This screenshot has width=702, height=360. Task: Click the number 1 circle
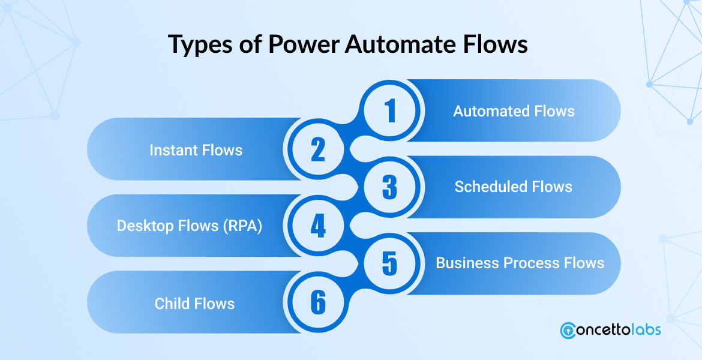(391, 111)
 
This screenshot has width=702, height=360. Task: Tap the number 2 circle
(317, 149)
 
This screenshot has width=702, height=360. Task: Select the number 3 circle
(390, 187)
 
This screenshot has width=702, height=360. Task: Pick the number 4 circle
(317, 226)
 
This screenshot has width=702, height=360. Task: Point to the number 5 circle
(390, 263)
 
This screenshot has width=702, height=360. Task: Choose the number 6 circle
(317, 302)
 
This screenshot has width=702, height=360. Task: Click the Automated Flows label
(514, 111)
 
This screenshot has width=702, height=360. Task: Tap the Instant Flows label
(196, 149)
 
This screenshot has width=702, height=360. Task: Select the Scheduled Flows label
(513, 187)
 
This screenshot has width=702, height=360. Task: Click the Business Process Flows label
(520, 263)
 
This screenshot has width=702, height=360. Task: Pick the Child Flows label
(194, 303)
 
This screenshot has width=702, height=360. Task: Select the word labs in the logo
(643, 329)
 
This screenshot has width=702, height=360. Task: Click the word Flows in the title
(500, 46)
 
